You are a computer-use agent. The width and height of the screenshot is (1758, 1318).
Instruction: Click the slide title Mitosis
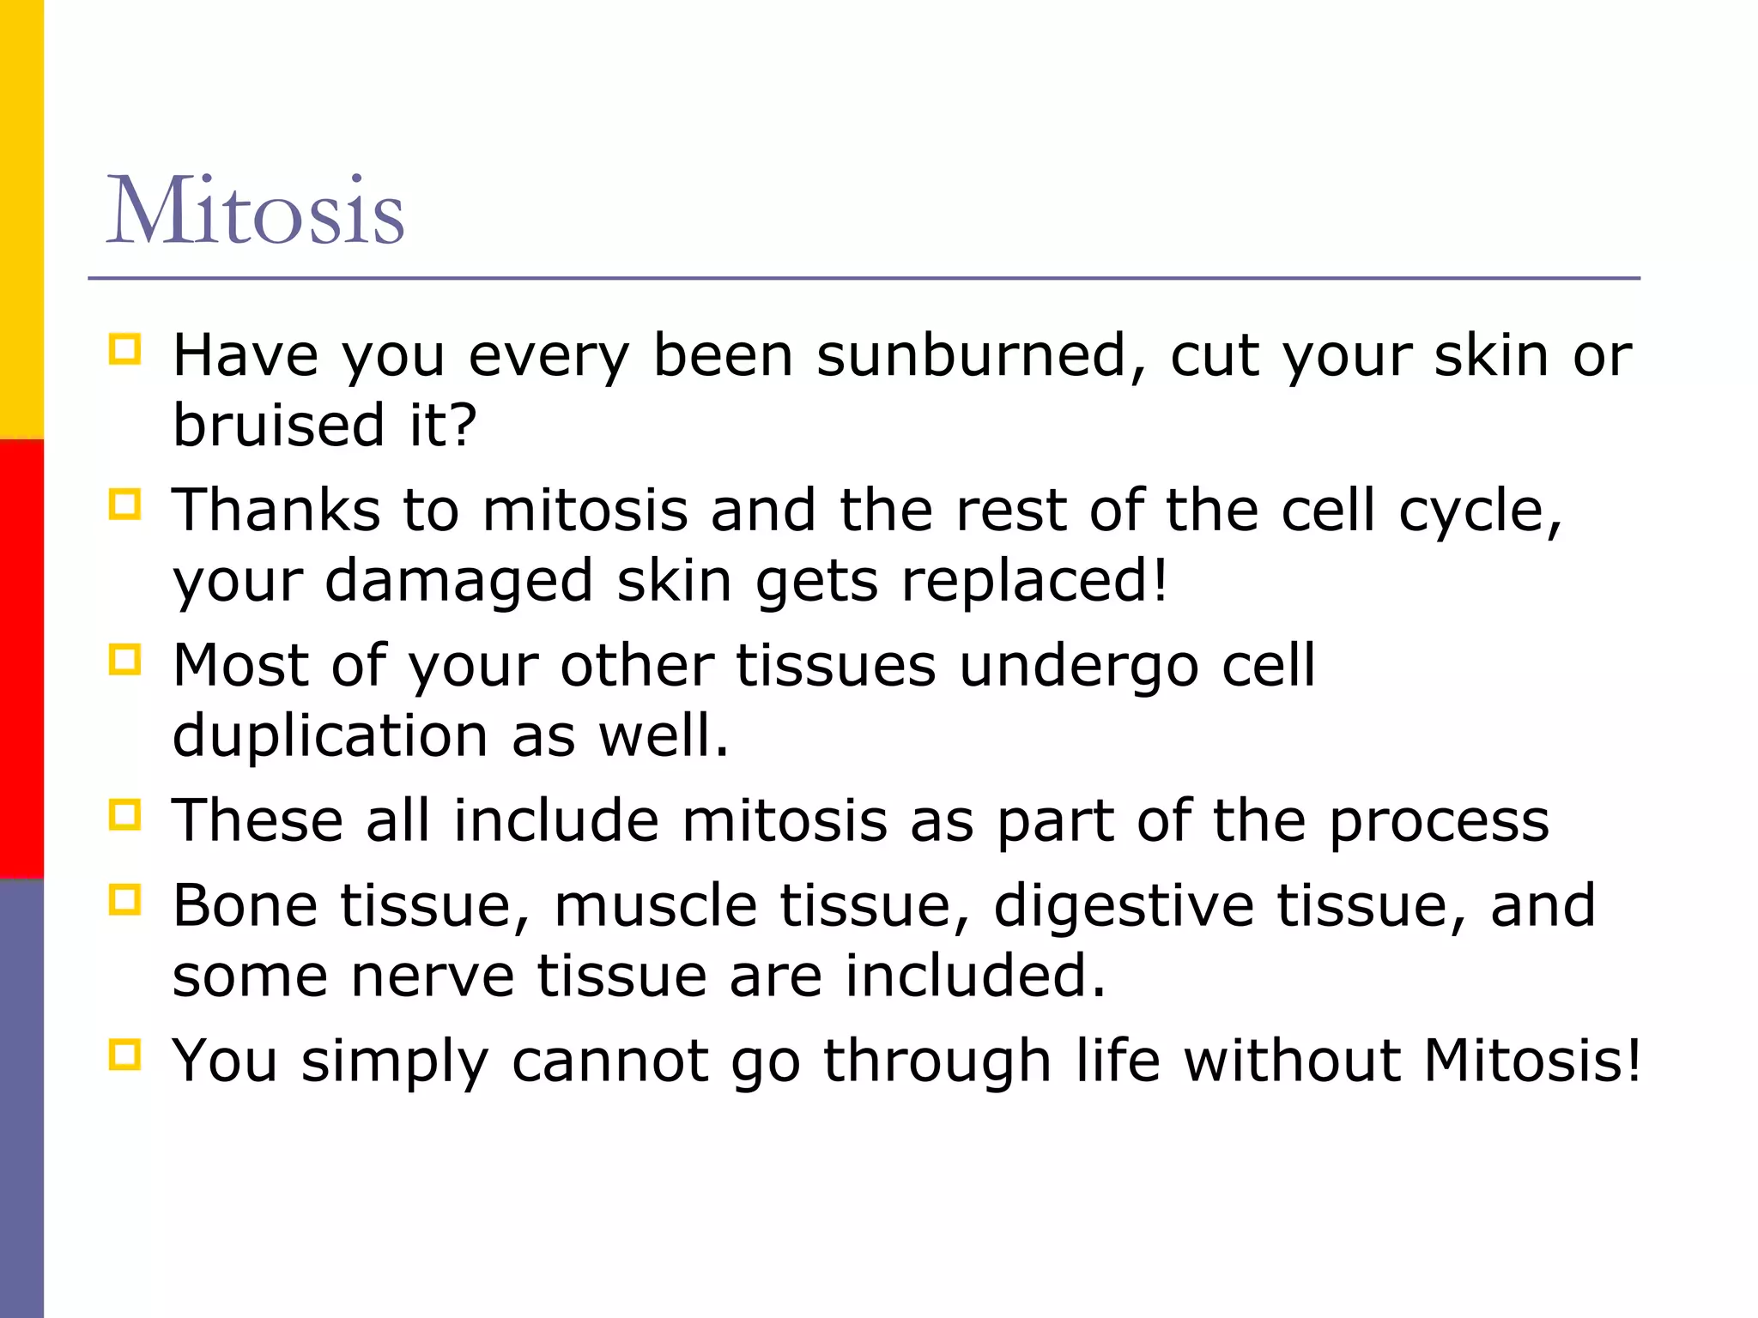(x=255, y=210)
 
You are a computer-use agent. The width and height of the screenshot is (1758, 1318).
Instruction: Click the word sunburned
(x=971, y=355)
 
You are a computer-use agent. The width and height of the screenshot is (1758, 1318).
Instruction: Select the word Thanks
(x=276, y=511)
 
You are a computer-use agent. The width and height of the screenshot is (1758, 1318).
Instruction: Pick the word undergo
(x=1078, y=667)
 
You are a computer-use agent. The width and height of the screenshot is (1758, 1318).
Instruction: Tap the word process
(x=1440, y=822)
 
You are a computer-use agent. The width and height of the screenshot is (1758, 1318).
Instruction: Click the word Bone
(x=246, y=906)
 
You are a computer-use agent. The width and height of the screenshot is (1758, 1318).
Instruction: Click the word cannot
(x=610, y=1061)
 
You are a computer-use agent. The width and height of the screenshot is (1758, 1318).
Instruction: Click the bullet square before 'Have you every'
(x=125, y=350)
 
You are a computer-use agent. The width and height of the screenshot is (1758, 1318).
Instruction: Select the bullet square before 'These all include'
(x=125, y=815)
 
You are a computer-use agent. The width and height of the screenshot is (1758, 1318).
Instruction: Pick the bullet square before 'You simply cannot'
(x=125, y=1055)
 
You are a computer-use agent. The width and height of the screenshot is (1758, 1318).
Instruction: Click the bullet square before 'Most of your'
(x=125, y=660)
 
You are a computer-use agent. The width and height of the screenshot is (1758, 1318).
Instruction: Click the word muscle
(x=656, y=906)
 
